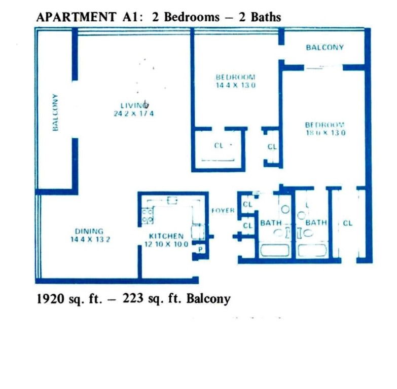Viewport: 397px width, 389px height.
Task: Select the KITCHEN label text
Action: coord(166,236)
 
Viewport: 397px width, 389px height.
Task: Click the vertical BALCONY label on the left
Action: coord(55,112)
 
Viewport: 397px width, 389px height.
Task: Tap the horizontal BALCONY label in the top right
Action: coord(324,47)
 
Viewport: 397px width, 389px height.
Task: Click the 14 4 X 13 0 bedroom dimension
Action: coord(235,85)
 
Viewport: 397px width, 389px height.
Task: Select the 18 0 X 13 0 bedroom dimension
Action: coord(325,133)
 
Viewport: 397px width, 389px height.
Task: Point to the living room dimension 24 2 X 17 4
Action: coord(133,114)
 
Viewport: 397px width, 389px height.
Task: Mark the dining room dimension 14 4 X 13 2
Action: coord(90,239)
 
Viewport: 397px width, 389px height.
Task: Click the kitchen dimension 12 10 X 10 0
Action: coord(166,244)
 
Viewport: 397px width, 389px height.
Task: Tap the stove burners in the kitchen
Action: coord(148,217)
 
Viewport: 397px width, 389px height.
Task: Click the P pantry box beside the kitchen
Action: coord(200,249)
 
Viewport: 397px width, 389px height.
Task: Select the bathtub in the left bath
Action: coord(274,250)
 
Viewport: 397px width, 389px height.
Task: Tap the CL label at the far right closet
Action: coord(347,223)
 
